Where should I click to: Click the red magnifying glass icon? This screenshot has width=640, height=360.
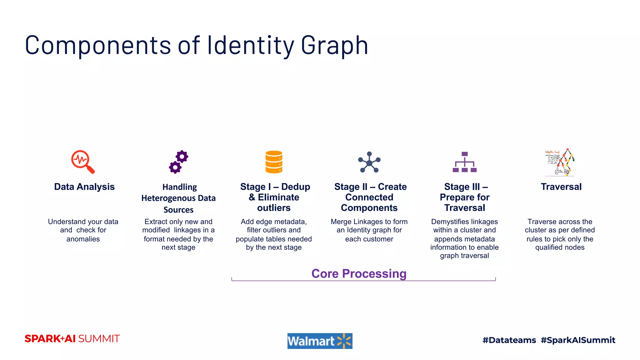click(x=82, y=161)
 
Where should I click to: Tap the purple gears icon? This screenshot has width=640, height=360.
click(x=178, y=162)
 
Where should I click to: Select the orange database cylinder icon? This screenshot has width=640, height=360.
click(x=274, y=162)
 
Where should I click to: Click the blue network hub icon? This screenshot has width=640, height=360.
click(x=369, y=162)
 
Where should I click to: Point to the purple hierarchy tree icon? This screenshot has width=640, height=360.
click(x=465, y=162)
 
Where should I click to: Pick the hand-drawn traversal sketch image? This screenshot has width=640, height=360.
click(x=560, y=162)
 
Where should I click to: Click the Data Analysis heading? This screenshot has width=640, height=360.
click(x=84, y=187)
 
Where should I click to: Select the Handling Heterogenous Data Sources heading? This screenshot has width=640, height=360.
click(x=178, y=198)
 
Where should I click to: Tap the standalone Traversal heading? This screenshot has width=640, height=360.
click(x=561, y=187)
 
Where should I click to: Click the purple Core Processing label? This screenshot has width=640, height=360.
click(x=359, y=273)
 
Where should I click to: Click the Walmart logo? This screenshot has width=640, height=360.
click(x=320, y=341)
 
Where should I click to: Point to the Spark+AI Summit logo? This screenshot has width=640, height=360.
click(x=72, y=339)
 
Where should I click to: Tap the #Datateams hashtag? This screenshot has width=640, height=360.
click(x=509, y=340)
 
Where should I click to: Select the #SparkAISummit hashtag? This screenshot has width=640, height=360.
click(x=578, y=340)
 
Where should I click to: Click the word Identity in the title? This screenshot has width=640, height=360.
click(x=250, y=45)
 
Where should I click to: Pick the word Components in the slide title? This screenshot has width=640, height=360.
click(x=98, y=45)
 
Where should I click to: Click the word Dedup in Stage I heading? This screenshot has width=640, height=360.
click(x=296, y=187)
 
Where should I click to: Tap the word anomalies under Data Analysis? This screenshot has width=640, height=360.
click(x=83, y=239)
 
